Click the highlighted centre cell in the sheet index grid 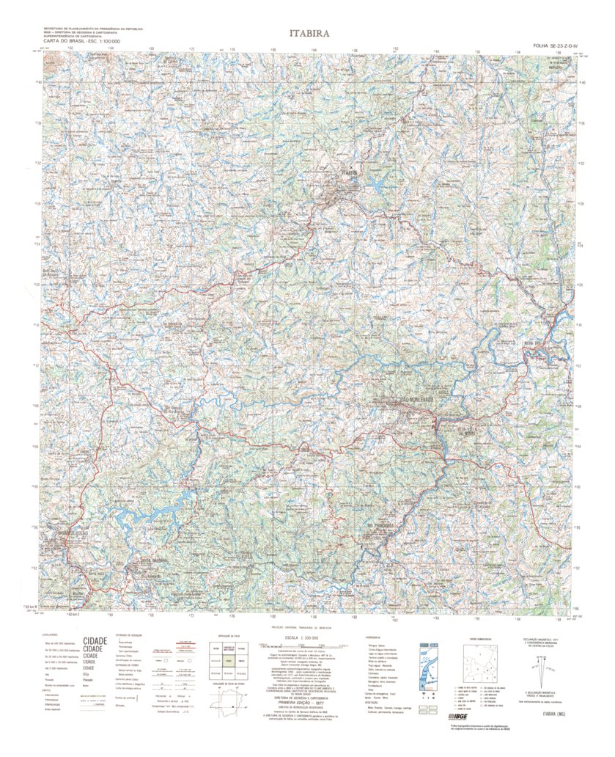230,660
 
